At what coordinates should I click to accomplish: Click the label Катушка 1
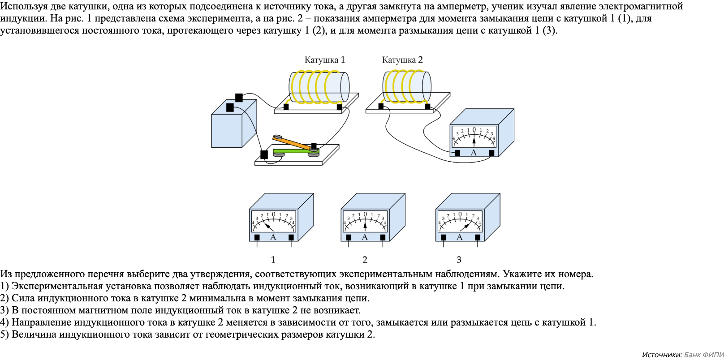[x=324, y=60]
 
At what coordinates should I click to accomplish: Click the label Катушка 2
[x=402, y=60]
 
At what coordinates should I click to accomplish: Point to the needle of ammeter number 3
[x=465, y=226]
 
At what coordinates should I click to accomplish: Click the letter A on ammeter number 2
[x=365, y=237]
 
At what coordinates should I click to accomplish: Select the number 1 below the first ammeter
[x=273, y=260]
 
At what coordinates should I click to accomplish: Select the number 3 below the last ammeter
[x=459, y=260]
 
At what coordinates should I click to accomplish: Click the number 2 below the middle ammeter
[x=365, y=260]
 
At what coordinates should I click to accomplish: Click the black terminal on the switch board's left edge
[x=264, y=154]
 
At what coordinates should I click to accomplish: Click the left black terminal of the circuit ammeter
[x=457, y=153]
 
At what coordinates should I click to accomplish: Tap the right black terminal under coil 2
[x=427, y=107]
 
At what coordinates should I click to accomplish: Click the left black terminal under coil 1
[x=286, y=107]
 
